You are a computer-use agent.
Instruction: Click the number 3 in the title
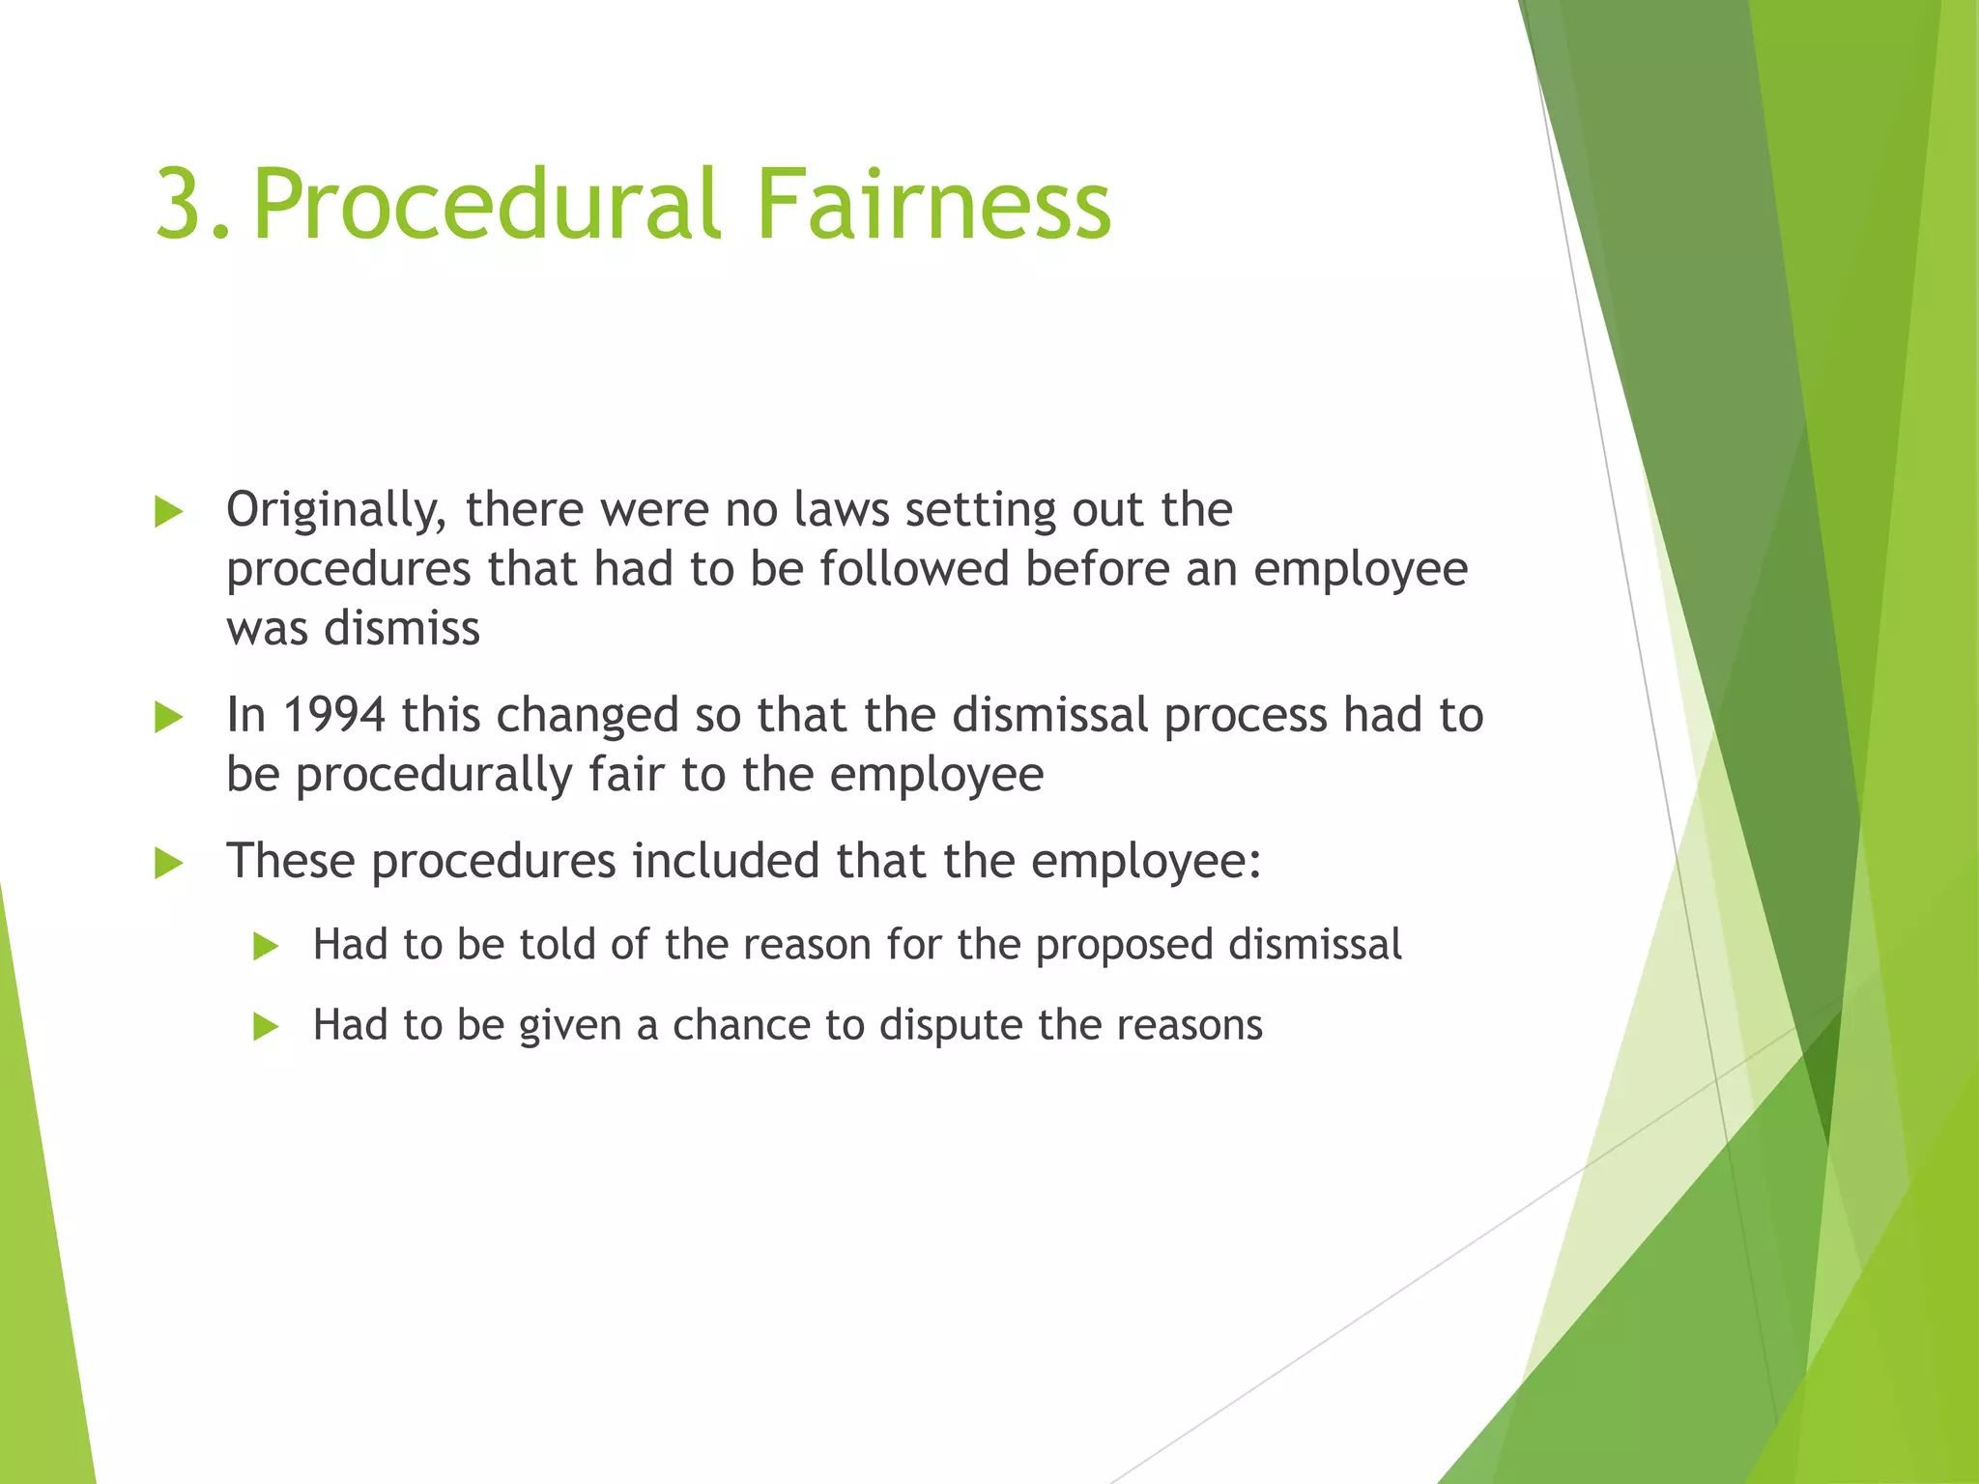tap(181, 205)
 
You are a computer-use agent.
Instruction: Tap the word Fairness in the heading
tap(933, 205)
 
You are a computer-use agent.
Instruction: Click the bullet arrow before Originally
tap(168, 512)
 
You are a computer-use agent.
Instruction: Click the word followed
tap(914, 569)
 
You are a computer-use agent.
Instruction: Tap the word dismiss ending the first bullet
tap(402, 629)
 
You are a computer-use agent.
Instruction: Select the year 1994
tap(334, 716)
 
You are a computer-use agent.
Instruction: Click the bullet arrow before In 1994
tap(168, 717)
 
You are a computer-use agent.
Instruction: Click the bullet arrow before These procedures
tap(168, 863)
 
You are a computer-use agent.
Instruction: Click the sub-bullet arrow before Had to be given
tap(265, 1027)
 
